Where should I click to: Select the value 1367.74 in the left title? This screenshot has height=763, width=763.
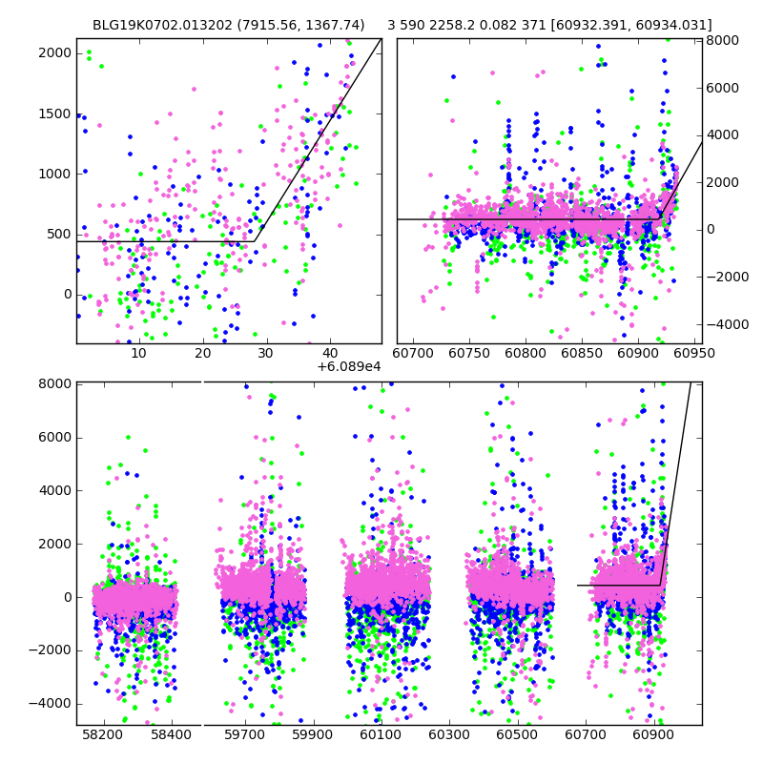(338, 26)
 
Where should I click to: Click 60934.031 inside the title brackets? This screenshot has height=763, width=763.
(679, 26)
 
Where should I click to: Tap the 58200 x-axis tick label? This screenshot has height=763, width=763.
(102, 736)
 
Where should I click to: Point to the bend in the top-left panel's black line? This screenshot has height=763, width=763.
(258, 240)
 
